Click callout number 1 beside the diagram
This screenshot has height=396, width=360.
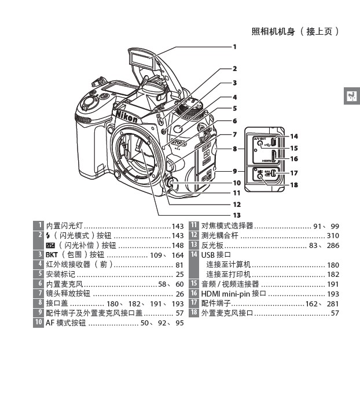click(235, 46)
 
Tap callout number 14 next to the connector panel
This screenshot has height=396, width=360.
click(294, 137)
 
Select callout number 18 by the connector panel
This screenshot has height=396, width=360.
click(294, 185)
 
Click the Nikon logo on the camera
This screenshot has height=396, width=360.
click(127, 116)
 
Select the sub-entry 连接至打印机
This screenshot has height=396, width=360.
click(229, 274)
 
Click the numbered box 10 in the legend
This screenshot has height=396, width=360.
click(38, 323)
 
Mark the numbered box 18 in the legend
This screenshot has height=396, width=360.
click(194, 313)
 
